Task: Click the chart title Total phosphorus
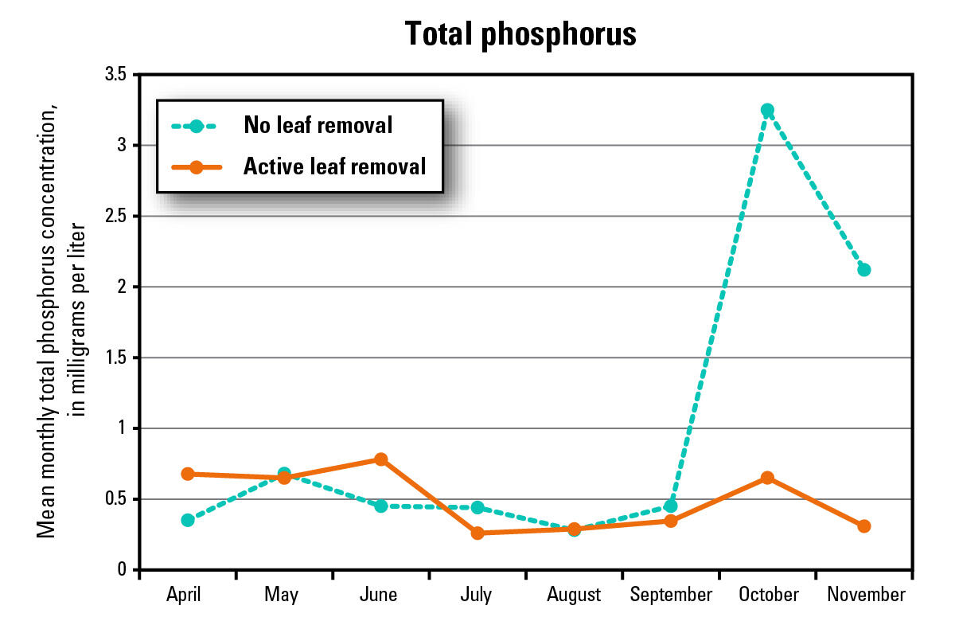coord(520,34)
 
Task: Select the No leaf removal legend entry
coord(318,125)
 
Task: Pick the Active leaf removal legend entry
coord(335,166)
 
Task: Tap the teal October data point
coord(767,110)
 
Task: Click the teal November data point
coord(863,269)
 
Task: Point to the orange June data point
coord(380,459)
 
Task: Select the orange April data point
coord(188,474)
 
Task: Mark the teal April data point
coord(188,520)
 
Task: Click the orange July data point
coord(477,533)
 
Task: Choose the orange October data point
coord(767,478)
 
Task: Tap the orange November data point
coord(863,525)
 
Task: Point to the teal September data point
coord(671,506)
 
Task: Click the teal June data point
coord(380,506)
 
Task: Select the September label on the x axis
coord(671,595)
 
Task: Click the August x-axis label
coord(574,595)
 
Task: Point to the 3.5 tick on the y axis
coord(115,74)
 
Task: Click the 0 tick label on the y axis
coord(122,570)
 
